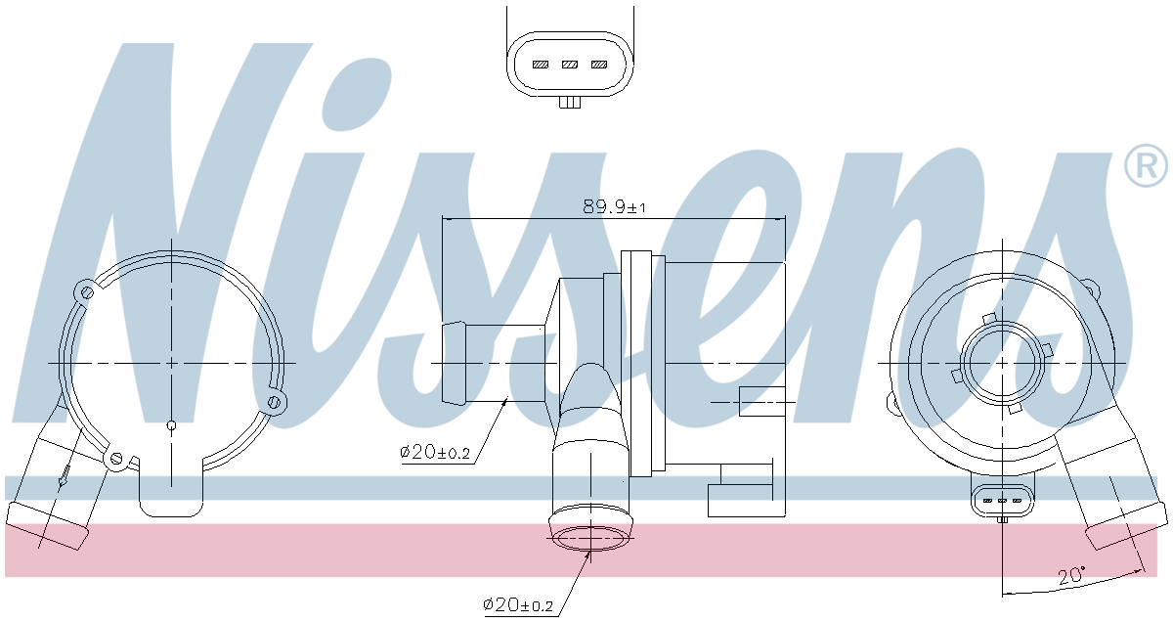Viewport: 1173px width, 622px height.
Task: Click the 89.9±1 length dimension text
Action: [x=614, y=206]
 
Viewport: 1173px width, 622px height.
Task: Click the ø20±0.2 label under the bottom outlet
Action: [x=517, y=605]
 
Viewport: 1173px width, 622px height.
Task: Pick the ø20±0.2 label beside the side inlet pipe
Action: [x=435, y=452]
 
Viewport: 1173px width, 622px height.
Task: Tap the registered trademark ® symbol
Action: [x=1146, y=165]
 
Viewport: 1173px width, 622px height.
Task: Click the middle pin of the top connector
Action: [x=570, y=65]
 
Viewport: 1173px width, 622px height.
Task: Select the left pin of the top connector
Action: [x=541, y=65]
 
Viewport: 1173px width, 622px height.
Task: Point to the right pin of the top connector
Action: [x=599, y=65]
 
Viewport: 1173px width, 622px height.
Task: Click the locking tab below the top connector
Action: [x=570, y=102]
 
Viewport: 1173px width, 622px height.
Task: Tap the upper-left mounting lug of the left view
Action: [x=86, y=291]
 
